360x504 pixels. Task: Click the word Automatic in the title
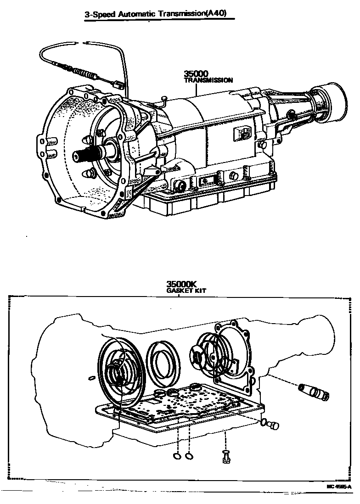[x=136, y=14]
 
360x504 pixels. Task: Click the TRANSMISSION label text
[x=208, y=80]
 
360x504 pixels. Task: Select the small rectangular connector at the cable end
[x=118, y=84]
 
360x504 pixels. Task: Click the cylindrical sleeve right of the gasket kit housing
[x=314, y=392]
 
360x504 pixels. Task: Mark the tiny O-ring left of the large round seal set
[x=91, y=378]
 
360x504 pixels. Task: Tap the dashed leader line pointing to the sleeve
[x=282, y=381]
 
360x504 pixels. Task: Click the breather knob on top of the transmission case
[x=163, y=98]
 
